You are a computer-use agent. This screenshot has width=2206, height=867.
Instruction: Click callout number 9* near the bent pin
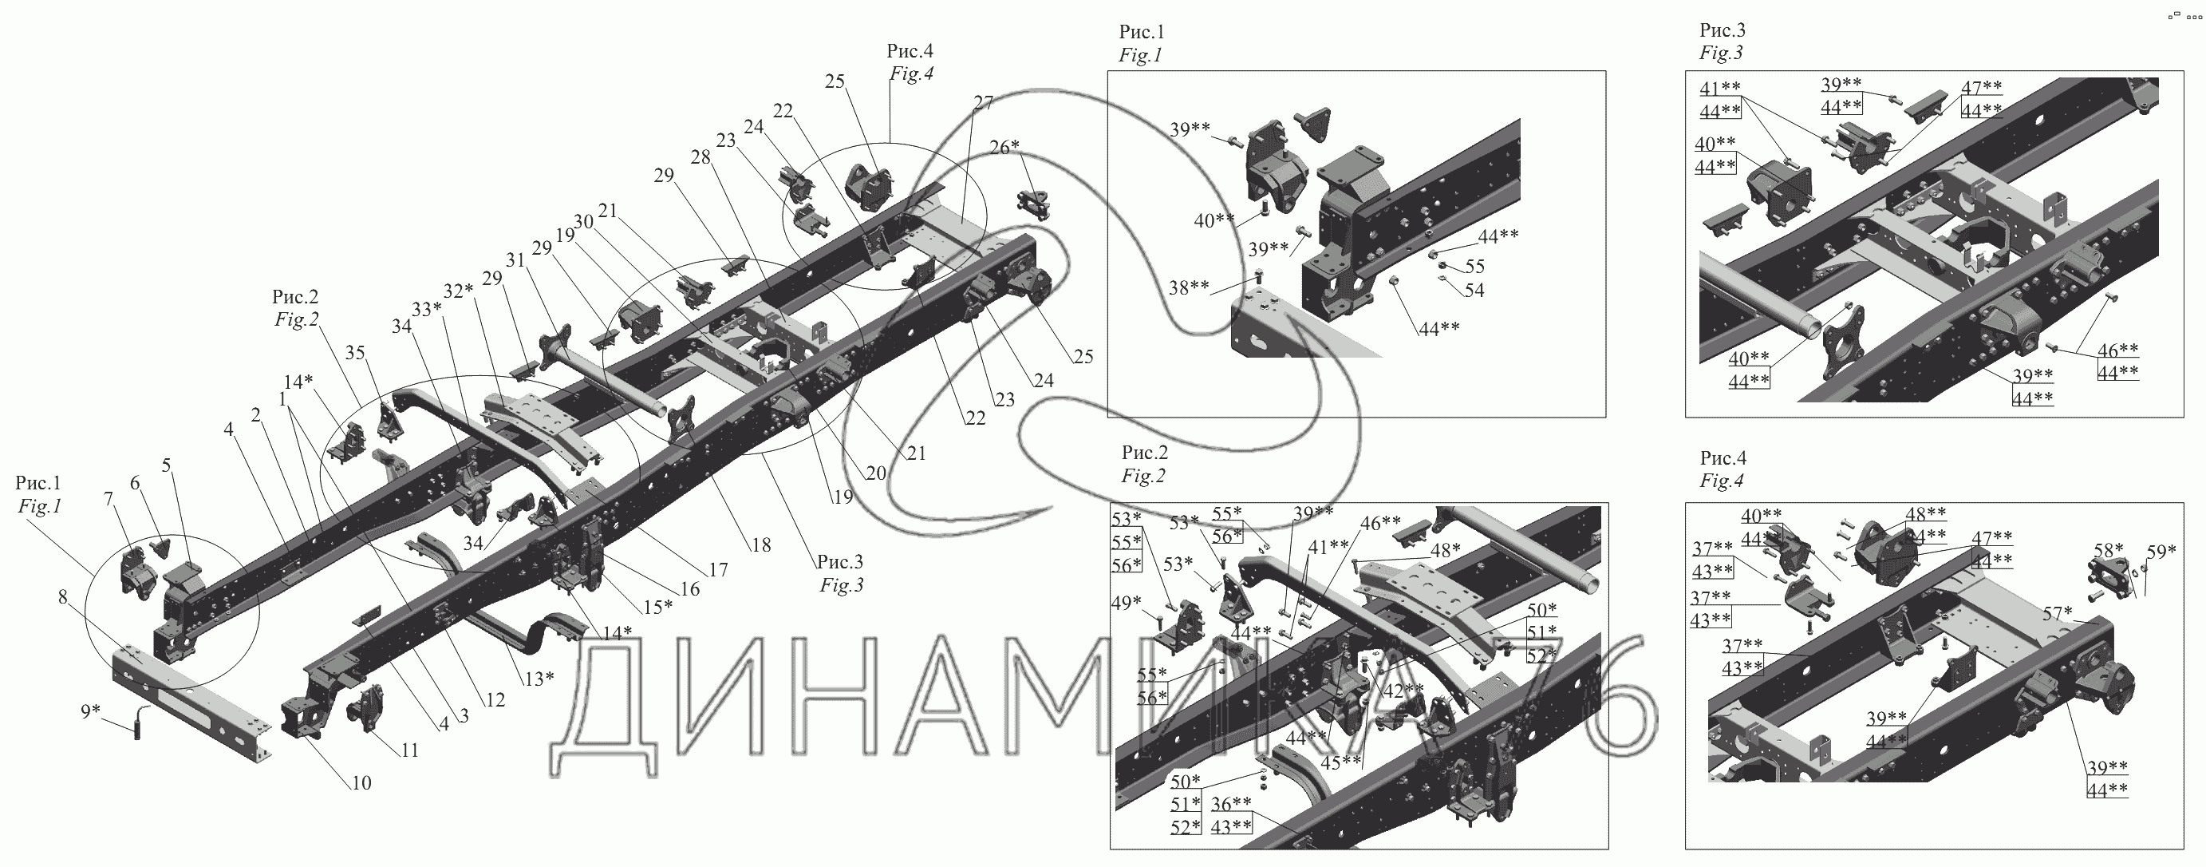(90, 711)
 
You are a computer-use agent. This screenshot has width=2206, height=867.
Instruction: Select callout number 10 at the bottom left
(361, 782)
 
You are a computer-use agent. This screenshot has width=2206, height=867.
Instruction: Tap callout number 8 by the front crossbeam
(62, 596)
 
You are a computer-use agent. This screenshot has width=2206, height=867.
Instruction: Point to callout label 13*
(539, 679)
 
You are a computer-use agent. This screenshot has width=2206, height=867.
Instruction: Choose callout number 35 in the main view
(354, 352)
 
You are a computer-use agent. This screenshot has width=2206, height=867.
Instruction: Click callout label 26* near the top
(1004, 147)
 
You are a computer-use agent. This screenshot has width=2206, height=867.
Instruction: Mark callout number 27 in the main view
(983, 103)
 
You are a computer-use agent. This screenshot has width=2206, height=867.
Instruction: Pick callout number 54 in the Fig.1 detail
(1474, 291)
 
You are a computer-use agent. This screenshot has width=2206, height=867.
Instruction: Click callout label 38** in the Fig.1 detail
(1189, 288)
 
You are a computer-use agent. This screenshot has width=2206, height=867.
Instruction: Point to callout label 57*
(2057, 613)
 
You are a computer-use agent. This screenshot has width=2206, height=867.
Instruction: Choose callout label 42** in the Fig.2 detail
(1406, 690)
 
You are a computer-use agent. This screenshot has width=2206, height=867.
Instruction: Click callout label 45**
(1341, 762)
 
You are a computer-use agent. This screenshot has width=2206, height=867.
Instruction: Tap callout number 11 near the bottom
(409, 750)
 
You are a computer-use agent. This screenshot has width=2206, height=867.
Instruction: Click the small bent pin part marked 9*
(139, 726)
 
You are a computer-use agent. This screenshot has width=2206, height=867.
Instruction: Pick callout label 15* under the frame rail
(658, 607)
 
